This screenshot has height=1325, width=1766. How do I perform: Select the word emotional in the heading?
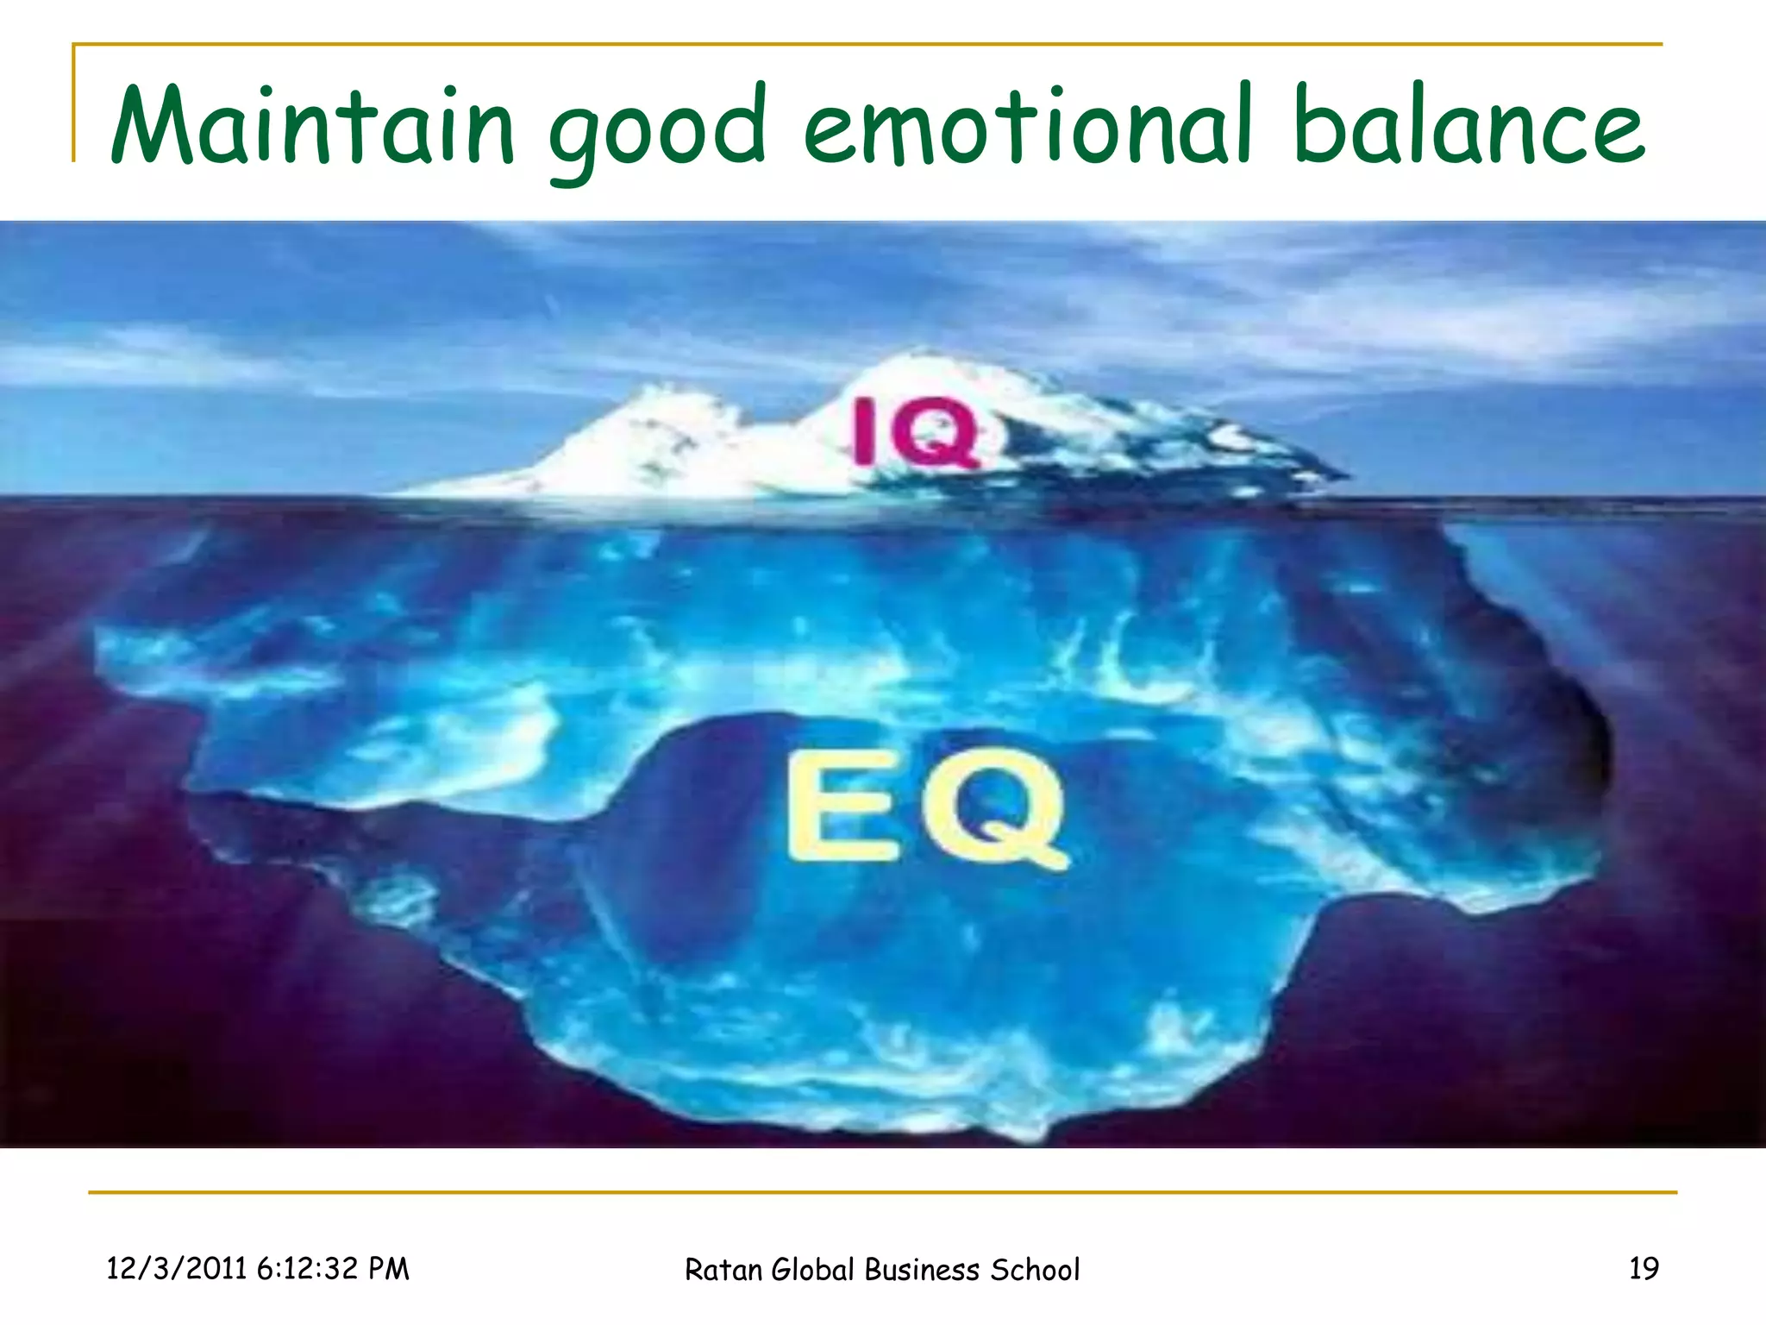tap(1027, 126)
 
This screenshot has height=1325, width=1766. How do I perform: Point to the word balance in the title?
tap(1468, 126)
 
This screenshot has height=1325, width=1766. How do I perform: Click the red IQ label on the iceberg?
tap(916, 432)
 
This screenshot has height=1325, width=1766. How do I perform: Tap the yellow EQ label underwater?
tap(927, 806)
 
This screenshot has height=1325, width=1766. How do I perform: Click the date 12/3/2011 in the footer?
tap(176, 1269)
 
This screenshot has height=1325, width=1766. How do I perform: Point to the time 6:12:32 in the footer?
tap(307, 1269)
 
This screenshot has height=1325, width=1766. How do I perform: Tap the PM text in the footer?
tap(388, 1269)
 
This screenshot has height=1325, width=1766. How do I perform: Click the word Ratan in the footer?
tap(723, 1270)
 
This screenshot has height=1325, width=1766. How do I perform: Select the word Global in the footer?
tap(814, 1270)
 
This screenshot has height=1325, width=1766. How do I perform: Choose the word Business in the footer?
tap(922, 1270)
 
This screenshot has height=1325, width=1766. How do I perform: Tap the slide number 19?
tap(1644, 1269)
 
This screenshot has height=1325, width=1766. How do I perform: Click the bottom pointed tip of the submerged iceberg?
tap(1030, 1137)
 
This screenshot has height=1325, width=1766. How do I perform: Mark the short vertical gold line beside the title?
tap(74, 104)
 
